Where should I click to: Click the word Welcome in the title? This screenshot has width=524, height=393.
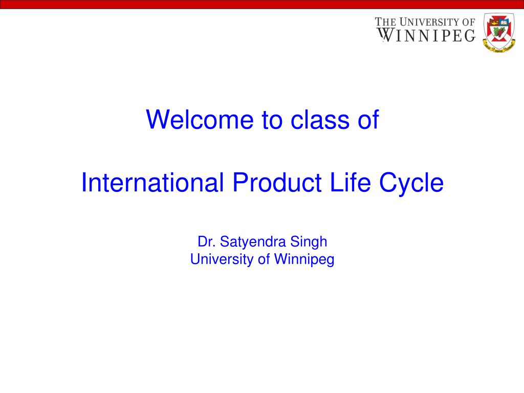click(x=200, y=119)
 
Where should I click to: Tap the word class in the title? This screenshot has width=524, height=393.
click(x=320, y=119)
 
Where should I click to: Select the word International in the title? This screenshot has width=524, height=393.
click(x=152, y=182)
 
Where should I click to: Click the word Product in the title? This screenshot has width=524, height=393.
click(x=277, y=182)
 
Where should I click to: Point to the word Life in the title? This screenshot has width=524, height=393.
click(x=350, y=182)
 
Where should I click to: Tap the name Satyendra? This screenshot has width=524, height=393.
click(x=253, y=242)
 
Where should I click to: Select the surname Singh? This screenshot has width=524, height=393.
click(x=309, y=242)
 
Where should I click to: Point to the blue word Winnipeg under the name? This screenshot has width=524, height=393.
click(x=304, y=259)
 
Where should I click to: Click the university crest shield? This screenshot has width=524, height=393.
click(x=499, y=32)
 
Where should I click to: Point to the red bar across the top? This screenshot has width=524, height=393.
click(x=262, y=4)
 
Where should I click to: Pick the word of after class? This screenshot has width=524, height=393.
click(x=368, y=119)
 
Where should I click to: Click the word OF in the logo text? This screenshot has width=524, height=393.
click(x=469, y=22)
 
